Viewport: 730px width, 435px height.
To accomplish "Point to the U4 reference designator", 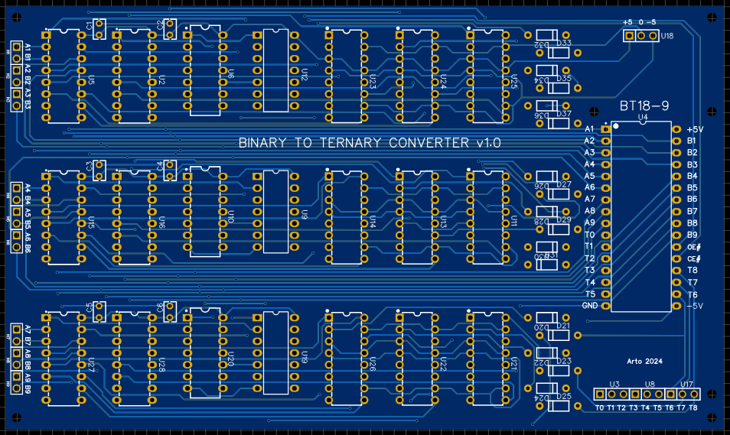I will point(642,118).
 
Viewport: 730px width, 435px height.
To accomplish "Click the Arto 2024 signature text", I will point(644,361).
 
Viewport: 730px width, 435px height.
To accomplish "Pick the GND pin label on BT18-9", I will point(590,306).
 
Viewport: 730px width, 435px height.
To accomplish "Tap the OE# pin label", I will point(693,247).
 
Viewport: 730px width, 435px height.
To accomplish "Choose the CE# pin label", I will point(693,259).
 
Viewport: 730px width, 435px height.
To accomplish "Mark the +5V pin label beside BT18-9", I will point(695,130).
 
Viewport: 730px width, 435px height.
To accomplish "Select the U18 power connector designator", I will point(667,36).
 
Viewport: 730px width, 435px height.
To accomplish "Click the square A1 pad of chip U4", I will point(606,130).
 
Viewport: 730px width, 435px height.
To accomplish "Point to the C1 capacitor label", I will point(90,28).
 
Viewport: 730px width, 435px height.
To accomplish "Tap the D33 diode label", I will point(564,43).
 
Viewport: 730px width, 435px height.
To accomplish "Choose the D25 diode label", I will point(564,396).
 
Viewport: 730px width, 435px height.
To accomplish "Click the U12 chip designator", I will point(304,75).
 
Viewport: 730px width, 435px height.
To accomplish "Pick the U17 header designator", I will point(686,385).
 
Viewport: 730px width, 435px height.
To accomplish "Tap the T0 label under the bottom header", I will point(599,407).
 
